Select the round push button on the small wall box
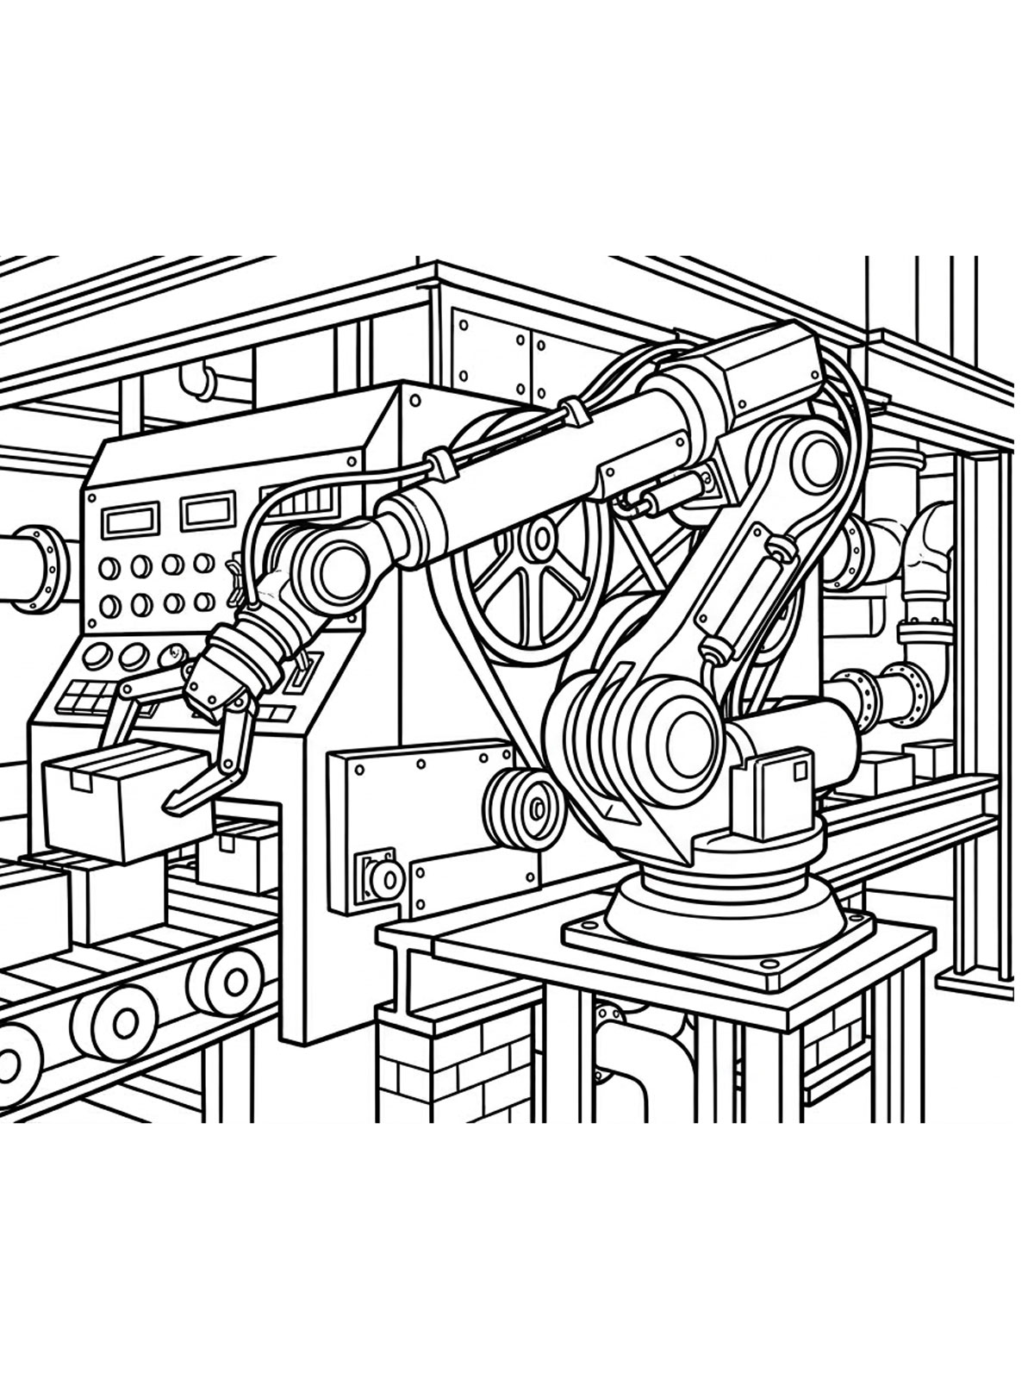382,879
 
